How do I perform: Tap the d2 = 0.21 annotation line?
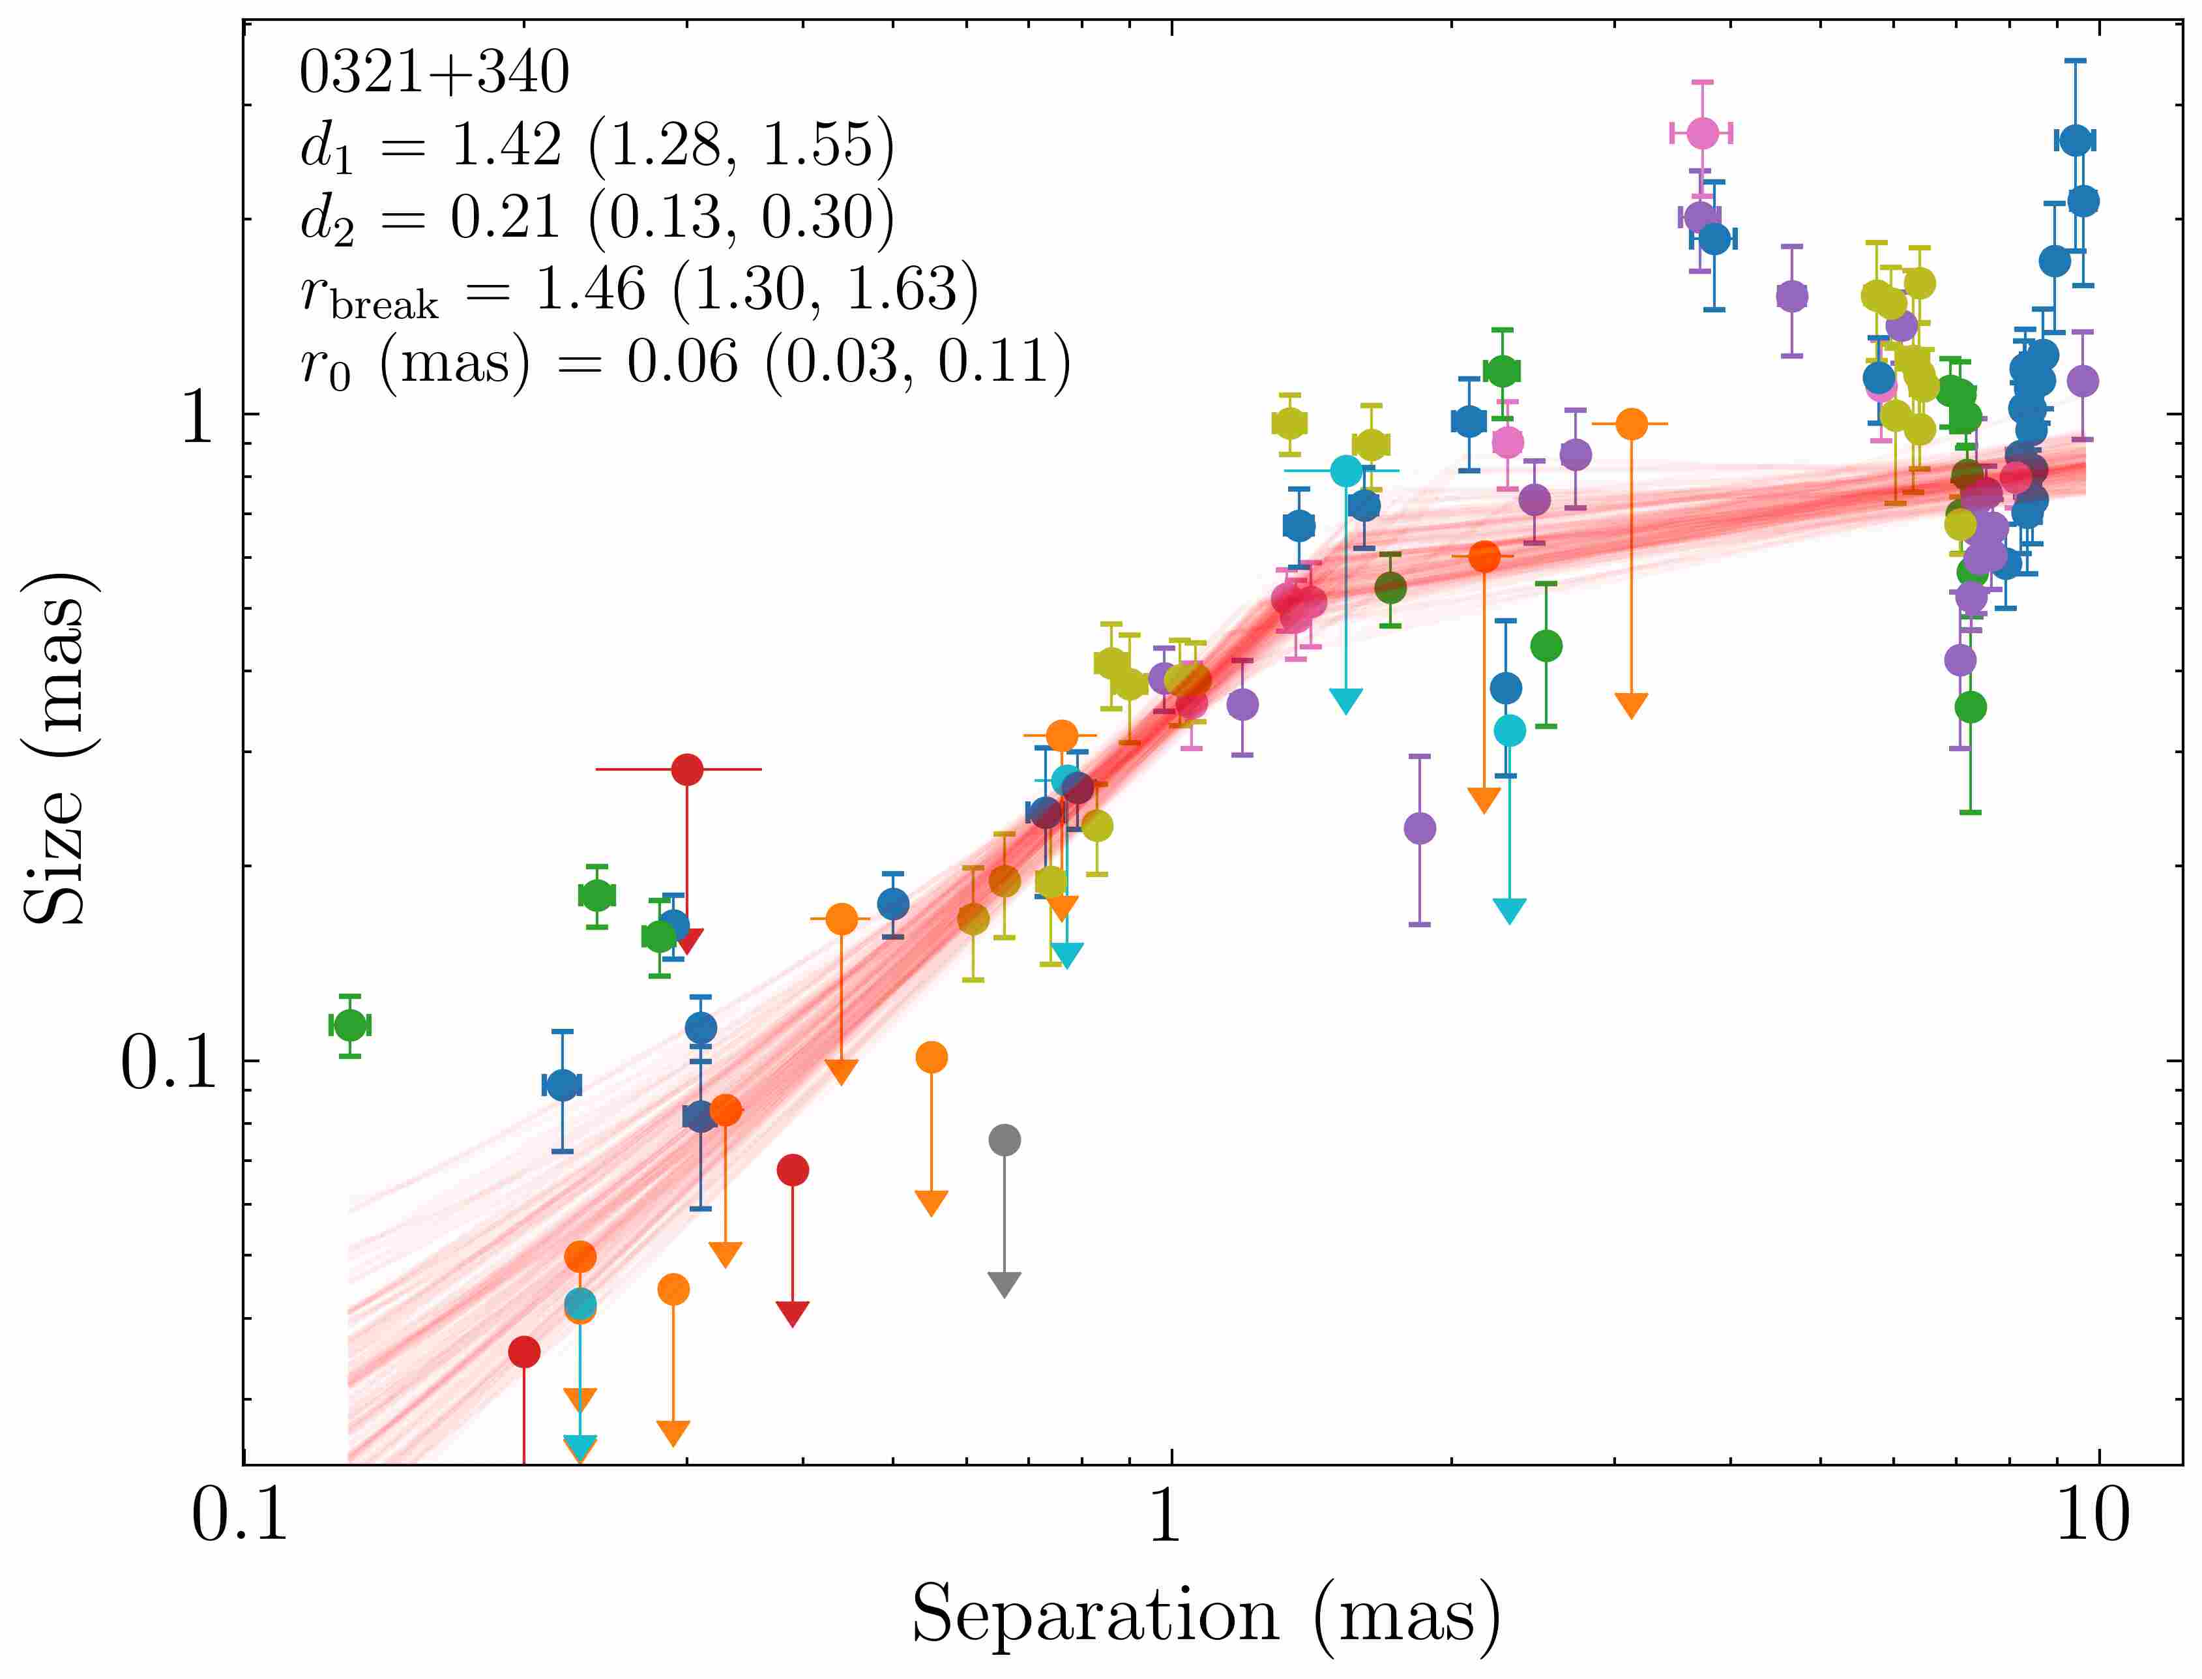(596, 217)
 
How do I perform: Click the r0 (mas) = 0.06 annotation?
(684, 362)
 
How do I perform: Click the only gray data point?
(1004, 1139)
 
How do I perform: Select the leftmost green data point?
(349, 1024)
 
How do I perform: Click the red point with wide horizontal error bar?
(686, 769)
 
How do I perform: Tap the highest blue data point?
(2075, 140)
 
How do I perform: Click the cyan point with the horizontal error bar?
(1346, 469)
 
